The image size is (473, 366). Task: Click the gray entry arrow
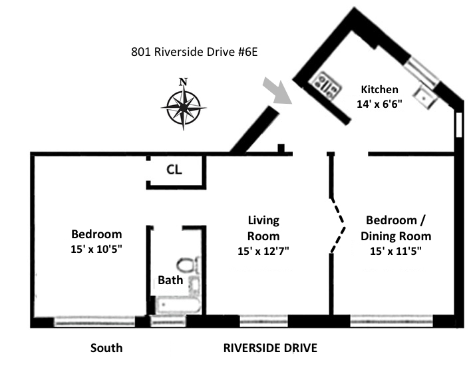278,91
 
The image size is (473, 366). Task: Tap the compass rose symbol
184,107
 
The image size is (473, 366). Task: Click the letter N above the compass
184,82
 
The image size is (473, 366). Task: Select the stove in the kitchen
327,85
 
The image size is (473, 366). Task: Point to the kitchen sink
425,97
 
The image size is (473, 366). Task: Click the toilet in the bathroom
188,265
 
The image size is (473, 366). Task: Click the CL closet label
174,170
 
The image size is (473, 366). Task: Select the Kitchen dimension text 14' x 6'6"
379,104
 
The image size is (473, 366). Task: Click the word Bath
170,280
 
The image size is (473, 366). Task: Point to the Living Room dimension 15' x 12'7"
263,251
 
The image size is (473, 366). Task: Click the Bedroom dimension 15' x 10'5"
96,250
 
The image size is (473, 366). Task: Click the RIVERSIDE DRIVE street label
270,348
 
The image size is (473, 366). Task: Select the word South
106,348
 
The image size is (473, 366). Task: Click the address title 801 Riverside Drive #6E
194,52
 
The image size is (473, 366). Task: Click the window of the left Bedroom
94,321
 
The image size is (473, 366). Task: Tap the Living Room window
264,321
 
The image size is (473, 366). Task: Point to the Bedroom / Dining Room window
392,321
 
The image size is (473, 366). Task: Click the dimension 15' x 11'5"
396,251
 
